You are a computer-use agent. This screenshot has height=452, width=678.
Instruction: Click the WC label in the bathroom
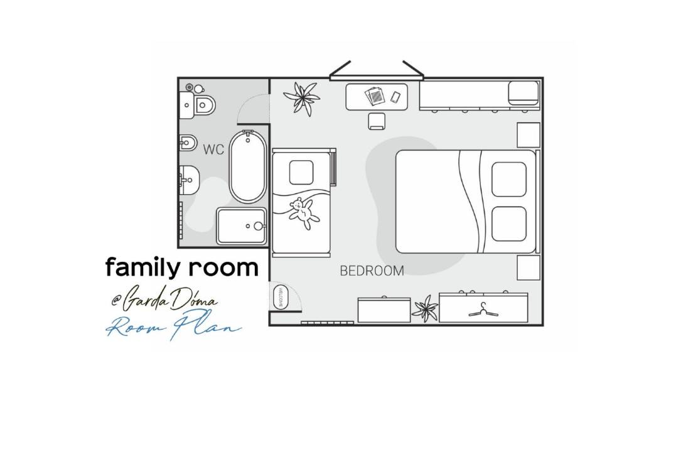pyautogui.click(x=213, y=149)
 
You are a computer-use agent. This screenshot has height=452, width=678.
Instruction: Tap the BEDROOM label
pyautogui.click(x=372, y=271)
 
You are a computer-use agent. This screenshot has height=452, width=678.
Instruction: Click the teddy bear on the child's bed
pyautogui.click(x=303, y=212)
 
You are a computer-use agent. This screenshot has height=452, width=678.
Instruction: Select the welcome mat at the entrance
pyautogui.click(x=279, y=297)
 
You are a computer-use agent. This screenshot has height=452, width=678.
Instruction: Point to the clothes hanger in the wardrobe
pyautogui.click(x=483, y=309)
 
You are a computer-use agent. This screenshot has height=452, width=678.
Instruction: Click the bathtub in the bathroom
pyautogui.click(x=247, y=166)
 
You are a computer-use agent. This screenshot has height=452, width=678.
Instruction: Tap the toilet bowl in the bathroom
pyautogui.click(x=205, y=104)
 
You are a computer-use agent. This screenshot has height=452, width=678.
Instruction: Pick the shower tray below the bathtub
pyautogui.click(x=242, y=226)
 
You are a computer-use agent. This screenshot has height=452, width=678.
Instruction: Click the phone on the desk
pyautogui.click(x=395, y=97)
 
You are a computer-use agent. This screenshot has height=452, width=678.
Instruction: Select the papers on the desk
pyautogui.click(x=374, y=95)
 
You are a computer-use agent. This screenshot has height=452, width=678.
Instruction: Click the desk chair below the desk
pyautogui.click(x=377, y=121)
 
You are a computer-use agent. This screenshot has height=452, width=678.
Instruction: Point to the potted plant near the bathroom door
pyautogui.click(x=302, y=98)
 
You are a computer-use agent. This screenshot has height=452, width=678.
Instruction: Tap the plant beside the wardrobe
pyautogui.click(x=425, y=308)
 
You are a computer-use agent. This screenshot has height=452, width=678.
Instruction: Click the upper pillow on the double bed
pyautogui.click(x=509, y=179)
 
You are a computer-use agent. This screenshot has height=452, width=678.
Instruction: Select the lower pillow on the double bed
pyautogui.click(x=509, y=223)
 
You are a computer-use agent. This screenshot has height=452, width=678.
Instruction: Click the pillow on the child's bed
pyautogui.click(x=301, y=172)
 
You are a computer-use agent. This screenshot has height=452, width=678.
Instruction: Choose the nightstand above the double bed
pyautogui.click(x=529, y=135)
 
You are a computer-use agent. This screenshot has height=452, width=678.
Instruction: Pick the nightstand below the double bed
pyautogui.click(x=529, y=267)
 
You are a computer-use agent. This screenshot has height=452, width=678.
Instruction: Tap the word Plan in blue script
pyautogui.click(x=207, y=325)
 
